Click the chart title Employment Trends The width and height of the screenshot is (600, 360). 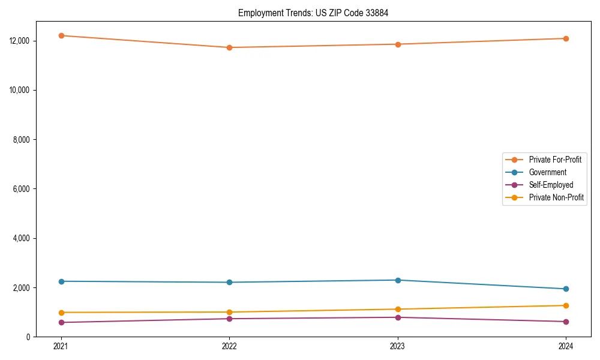(x=313, y=13)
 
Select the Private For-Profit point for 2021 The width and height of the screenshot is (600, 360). (x=61, y=35)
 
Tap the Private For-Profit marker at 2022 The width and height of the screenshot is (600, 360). (x=229, y=47)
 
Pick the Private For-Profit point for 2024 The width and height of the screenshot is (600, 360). (x=566, y=38)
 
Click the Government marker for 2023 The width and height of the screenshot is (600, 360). (x=398, y=280)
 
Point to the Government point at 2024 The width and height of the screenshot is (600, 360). (x=566, y=289)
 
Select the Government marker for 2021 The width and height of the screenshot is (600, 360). (x=61, y=281)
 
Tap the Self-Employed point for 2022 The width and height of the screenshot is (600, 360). (x=229, y=319)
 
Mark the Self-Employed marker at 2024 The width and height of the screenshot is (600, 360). (x=566, y=322)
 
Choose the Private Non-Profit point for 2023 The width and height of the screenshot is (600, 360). (x=398, y=309)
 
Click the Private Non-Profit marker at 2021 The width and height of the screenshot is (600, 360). (x=61, y=313)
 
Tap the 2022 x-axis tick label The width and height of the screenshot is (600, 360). (x=229, y=346)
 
